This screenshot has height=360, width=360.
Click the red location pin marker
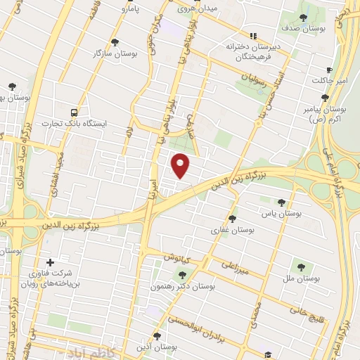point(181,166)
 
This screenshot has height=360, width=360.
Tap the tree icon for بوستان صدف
point(303,18)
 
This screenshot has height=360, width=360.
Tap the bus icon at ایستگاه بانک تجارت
point(74,112)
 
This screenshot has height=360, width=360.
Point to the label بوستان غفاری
point(231,229)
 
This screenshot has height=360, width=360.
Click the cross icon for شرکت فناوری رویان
point(49,262)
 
